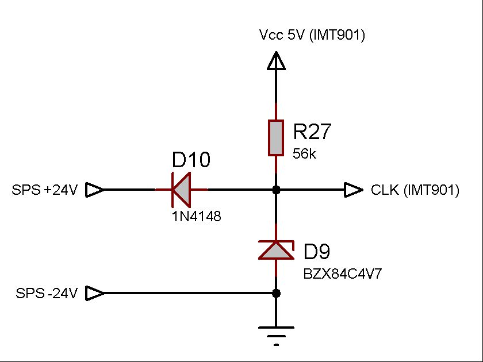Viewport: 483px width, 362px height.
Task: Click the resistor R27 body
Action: click(x=276, y=138)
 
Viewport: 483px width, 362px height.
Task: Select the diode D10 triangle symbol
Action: click(x=182, y=190)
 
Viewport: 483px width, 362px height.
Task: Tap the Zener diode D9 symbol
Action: click(x=276, y=250)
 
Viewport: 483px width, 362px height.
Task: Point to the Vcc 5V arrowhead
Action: click(x=276, y=60)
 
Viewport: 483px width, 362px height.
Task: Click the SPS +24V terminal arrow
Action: click(x=95, y=190)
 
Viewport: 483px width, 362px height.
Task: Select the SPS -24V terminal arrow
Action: click(x=95, y=294)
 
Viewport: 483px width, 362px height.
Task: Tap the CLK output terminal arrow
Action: click(x=353, y=190)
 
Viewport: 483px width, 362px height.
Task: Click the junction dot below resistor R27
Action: click(x=276, y=190)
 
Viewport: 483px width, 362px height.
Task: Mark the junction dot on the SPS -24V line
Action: click(x=276, y=293)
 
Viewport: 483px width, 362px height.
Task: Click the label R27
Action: click(x=312, y=133)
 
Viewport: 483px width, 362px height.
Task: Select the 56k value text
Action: click(x=305, y=155)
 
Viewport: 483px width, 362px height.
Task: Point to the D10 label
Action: click(x=191, y=160)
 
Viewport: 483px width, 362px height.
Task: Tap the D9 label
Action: click(x=317, y=252)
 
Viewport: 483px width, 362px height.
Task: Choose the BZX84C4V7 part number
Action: click(x=342, y=274)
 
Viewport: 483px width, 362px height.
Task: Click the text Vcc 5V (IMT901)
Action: click(x=312, y=36)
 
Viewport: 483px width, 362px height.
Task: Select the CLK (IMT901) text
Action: click(x=415, y=190)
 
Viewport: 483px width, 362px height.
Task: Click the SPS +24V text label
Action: click(x=44, y=190)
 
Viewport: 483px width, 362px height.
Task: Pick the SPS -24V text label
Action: click(x=46, y=294)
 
